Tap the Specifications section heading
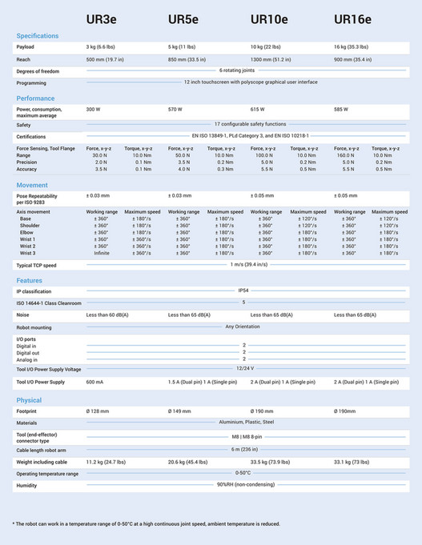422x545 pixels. click(x=38, y=36)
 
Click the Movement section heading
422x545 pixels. click(x=32, y=185)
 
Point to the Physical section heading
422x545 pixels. click(x=30, y=399)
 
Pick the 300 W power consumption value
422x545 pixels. click(x=93, y=109)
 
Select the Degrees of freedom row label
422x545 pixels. click(x=38, y=71)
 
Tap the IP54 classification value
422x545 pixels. click(x=243, y=291)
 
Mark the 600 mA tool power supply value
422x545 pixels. click(x=95, y=383)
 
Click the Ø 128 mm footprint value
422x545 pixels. click(x=98, y=411)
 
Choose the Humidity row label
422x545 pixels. click(x=27, y=485)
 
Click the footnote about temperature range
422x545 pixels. click(x=146, y=523)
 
